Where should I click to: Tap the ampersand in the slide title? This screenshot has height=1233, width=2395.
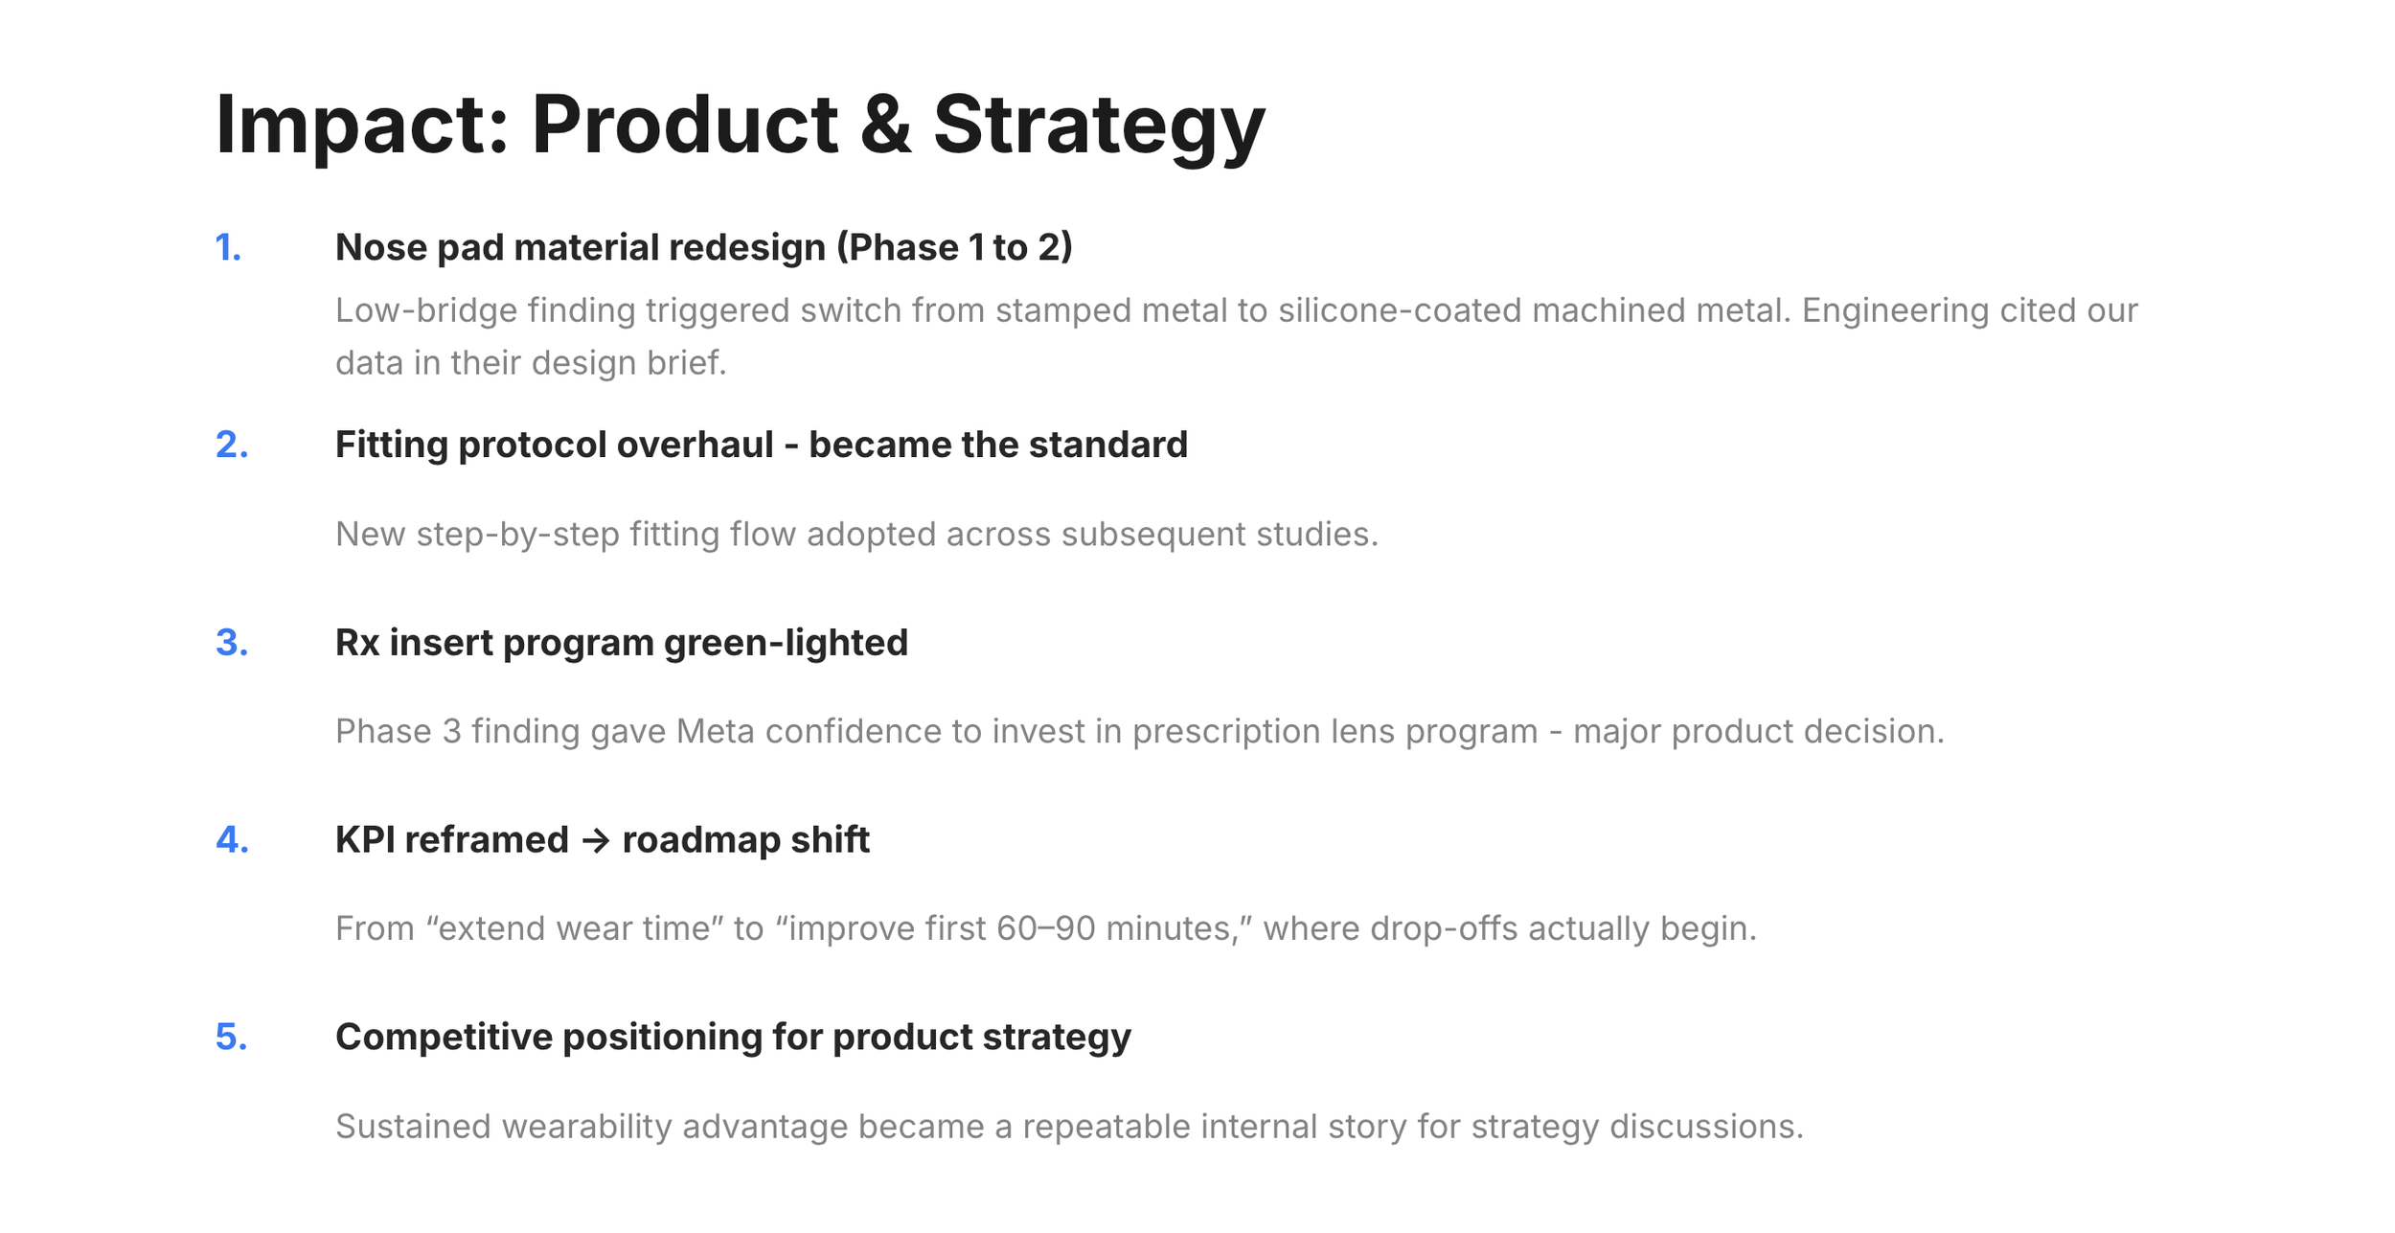[x=885, y=125]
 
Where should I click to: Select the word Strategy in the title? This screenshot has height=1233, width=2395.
[x=1100, y=127]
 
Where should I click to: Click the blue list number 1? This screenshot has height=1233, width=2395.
[x=228, y=248]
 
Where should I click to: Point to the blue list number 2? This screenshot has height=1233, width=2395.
[x=232, y=445]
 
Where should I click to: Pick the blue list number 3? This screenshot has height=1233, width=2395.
[x=232, y=643]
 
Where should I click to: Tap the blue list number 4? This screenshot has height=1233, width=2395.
[x=232, y=840]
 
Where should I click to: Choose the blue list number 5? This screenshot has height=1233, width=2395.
[x=232, y=1038]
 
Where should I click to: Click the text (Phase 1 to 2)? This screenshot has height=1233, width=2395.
[x=954, y=248]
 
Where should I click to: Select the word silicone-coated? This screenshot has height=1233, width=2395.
[x=1400, y=310]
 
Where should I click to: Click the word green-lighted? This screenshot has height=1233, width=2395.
[x=786, y=644]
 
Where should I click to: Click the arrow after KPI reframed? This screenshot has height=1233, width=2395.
[x=596, y=841]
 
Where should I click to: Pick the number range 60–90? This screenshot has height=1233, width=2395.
[x=1046, y=929]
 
